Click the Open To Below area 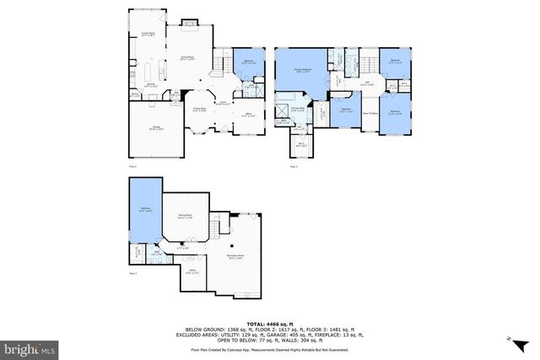(370, 113)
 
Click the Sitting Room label (184, 218)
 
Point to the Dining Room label (200, 109)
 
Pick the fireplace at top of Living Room (190, 22)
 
